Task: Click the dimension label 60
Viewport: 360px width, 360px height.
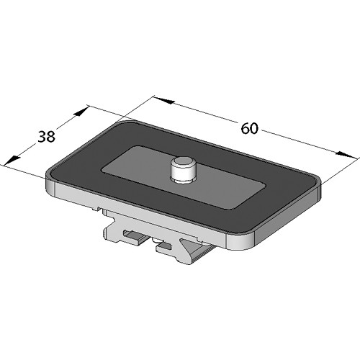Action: (x=250, y=128)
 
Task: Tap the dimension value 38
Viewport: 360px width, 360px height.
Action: (x=47, y=137)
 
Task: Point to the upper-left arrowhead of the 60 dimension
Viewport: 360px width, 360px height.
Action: (x=163, y=100)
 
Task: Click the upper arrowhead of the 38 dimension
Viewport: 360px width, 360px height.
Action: (x=81, y=112)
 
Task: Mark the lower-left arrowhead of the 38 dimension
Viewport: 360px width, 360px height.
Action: (x=12, y=161)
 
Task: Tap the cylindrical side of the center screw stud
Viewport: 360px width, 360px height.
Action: (x=183, y=172)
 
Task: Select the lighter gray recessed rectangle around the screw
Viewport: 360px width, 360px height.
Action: (x=183, y=177)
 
